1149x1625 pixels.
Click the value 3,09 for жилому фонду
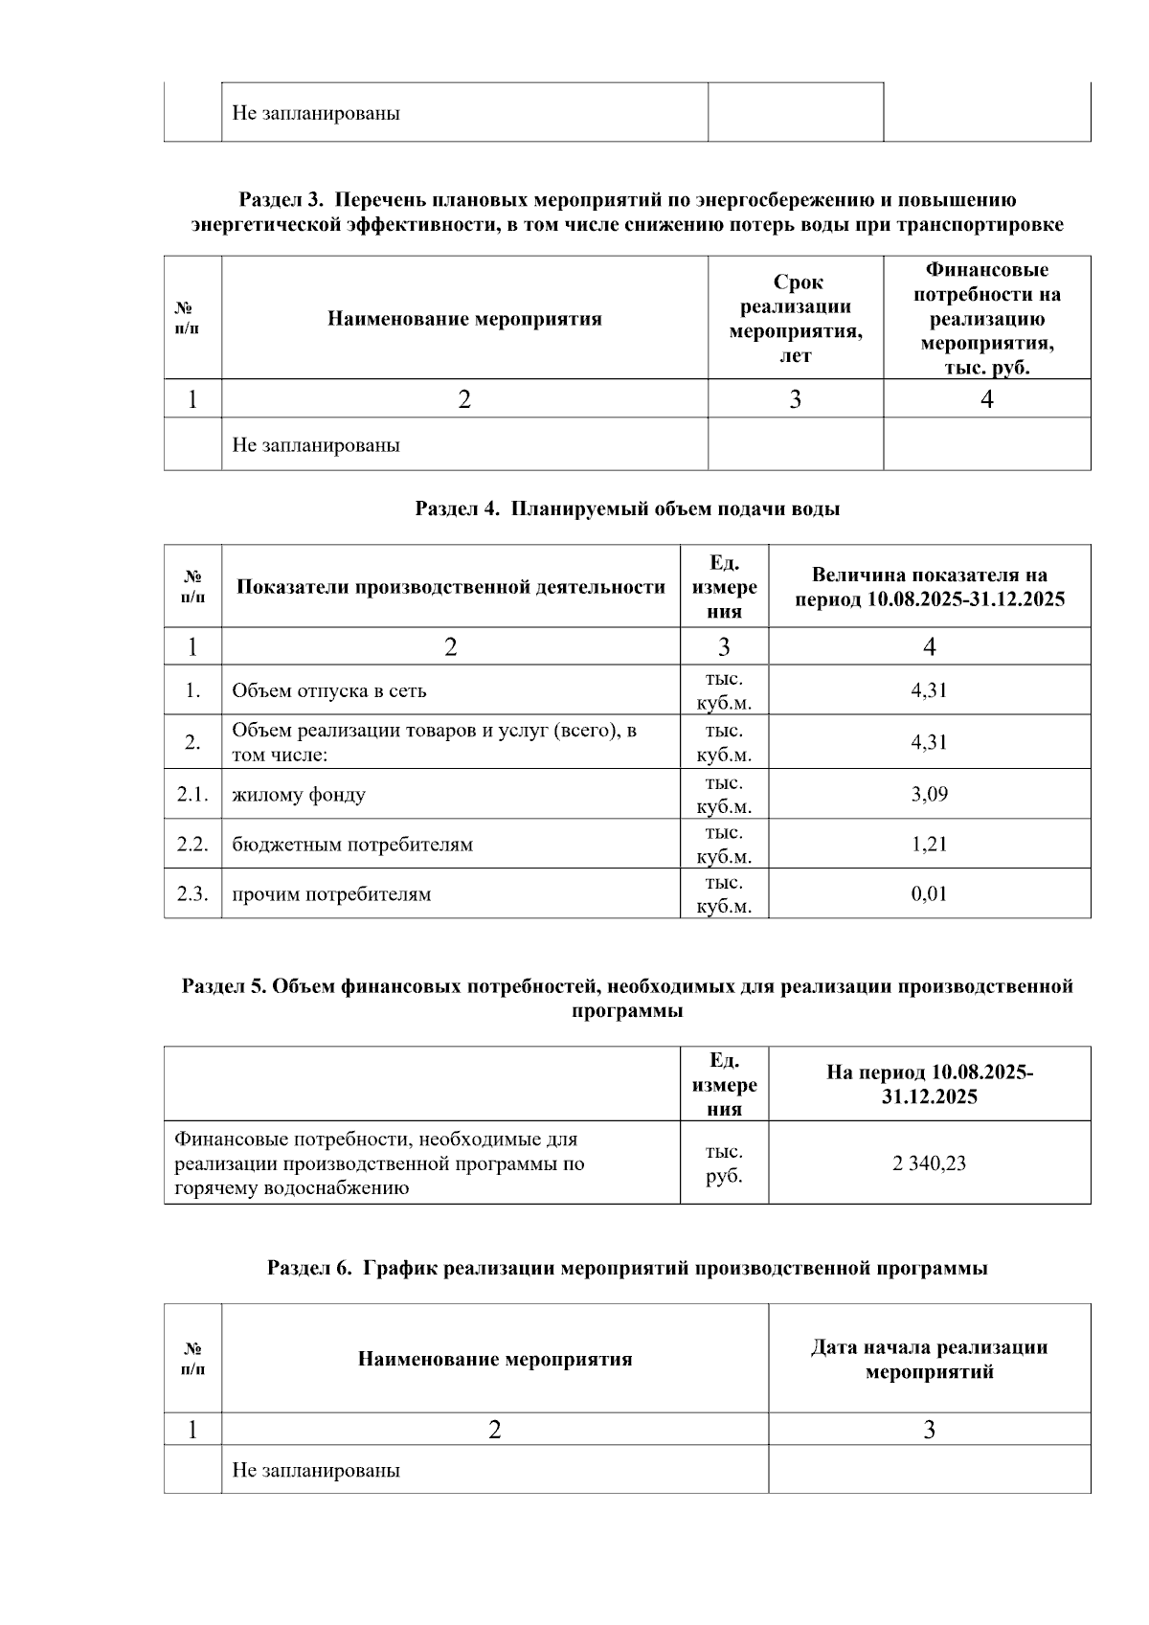click(928, 794)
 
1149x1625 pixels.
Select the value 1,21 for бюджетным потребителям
click(928, 844)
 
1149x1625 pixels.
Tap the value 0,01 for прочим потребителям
click(928, 893)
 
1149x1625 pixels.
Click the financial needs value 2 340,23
click(928, 1163)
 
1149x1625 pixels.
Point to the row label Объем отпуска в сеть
click(328, 690)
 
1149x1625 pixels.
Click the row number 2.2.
click(192, 844)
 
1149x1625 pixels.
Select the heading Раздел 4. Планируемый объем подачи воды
click(627, 508)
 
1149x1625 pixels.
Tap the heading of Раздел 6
click(627, 1268)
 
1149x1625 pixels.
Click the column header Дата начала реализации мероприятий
click(928, 1359)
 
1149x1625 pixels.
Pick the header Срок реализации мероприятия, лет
click(795, 319)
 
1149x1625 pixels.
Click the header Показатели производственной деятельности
click(450, 587)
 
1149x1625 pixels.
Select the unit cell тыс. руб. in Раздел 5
click(724, 1163)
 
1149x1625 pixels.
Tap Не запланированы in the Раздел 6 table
click(316, 1470)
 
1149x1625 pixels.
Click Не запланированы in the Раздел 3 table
click(316, 445)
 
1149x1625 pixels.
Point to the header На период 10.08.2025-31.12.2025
click(928, 1084)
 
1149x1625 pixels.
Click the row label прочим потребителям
click(331, 894)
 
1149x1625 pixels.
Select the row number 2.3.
click(192, 893)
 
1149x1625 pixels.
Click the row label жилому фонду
click(298, 795)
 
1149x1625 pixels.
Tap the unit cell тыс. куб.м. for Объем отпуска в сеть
click(724, 690)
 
